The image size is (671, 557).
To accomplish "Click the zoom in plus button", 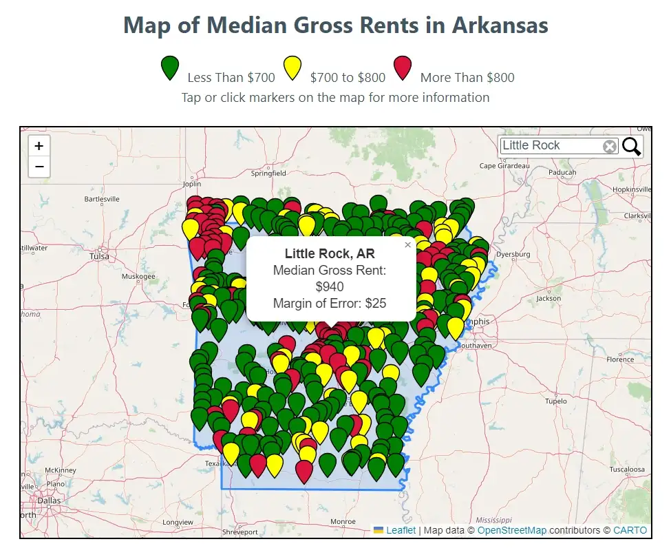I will (x=39, y=146).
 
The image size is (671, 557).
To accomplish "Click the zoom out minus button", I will (x=39, y=167).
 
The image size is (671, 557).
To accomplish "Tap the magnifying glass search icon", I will (x=631, y=146).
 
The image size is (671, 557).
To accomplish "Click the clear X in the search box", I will (x=610, y=146).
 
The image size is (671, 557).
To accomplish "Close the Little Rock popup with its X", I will (x=407, y=244).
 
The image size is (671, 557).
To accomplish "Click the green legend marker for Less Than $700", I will (x=169, y=68).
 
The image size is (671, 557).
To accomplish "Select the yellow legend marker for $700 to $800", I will (x=292, y=68).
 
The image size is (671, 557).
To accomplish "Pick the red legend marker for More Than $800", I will (x=403, y=68).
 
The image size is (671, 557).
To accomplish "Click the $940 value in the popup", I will (x=330, y=287).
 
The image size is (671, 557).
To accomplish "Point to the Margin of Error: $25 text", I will (x=330, y=303).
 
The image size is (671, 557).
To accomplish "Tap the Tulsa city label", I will (x=99, y=256).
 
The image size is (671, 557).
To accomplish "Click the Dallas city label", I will (x=49, y=501).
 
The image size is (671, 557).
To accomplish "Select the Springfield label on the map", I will (x=268, y=174).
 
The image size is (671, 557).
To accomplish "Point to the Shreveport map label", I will (x=240, y=532).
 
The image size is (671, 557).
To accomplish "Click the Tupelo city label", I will (x=555, y=401).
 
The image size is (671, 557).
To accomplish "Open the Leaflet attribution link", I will (x=401, y=530).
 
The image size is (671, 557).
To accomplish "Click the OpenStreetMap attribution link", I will (x=511, y=530).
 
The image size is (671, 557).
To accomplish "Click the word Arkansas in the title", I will (x=500, y=26).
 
